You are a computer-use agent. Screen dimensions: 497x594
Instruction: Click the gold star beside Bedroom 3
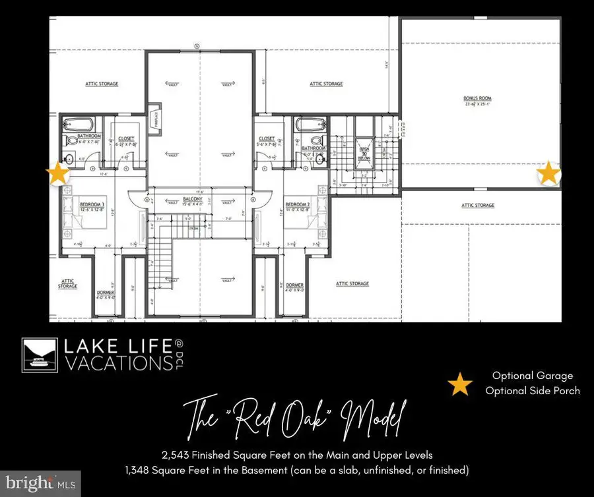pyautogui.click(x=58, y=174)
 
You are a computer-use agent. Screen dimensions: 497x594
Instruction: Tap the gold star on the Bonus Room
pyautogui.click(x=548, y=174)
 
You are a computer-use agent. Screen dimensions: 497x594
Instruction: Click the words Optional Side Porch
pyautogui.click(x=532, y=391)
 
